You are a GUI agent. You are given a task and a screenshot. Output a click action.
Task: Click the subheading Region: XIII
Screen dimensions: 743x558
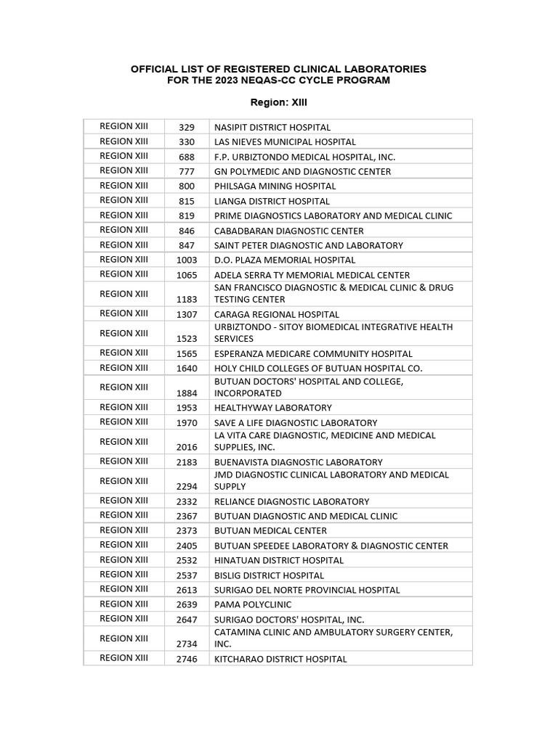(278, 102)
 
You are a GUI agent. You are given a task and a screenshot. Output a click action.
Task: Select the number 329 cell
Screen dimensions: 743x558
(186, 128)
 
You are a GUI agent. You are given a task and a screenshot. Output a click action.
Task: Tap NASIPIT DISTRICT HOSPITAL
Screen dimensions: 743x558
(272, 128)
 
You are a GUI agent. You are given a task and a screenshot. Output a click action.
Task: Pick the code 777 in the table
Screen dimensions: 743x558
(186, 172)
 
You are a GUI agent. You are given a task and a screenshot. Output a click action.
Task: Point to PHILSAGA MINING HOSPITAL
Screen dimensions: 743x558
(275, 186)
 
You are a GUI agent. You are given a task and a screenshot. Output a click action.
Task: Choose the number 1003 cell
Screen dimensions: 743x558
(186, 260)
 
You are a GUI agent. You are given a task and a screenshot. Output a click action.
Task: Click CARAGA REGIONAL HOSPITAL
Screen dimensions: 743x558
(276, 315)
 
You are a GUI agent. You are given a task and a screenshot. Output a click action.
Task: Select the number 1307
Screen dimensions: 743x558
(186, 315)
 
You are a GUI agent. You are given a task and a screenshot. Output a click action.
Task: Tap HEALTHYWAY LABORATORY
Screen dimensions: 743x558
(272, 408)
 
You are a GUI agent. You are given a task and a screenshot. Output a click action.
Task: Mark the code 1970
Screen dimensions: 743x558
(186, 423)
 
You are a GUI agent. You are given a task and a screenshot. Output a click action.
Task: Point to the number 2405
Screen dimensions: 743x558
(186, 546)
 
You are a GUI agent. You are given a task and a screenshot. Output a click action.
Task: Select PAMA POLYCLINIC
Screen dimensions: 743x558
(252, 604)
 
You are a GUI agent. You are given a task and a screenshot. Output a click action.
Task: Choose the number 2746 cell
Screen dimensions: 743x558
(186, 660)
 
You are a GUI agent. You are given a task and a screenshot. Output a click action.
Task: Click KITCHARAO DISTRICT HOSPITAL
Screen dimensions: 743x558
(280, 660)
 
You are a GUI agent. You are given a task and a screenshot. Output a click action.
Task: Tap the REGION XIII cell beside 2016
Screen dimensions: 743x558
(124, 441)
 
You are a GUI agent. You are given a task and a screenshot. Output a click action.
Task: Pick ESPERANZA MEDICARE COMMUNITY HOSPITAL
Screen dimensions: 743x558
(312, 354)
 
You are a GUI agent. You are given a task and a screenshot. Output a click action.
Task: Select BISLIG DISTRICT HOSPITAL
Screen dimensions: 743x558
(269, 575)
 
